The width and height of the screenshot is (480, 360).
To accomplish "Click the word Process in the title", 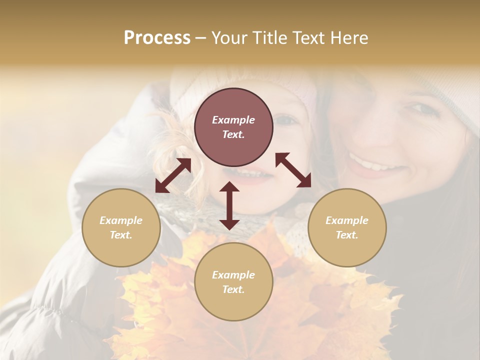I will tap(157, 38).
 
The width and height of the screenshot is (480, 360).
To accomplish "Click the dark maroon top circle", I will tap(233, 127).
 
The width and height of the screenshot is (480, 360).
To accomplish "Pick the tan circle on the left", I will tap(121, 227).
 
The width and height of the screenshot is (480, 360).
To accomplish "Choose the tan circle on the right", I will tap(347, 227).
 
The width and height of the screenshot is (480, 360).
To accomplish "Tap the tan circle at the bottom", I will tap(233, 282).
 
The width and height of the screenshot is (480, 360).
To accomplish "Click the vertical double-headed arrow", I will tap(229, 205).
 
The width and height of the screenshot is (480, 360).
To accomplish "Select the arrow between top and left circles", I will tap(173, 175).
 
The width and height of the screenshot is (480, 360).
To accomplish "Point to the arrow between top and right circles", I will tap(293, 170).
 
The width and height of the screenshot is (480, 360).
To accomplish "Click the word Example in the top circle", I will tap(233, 120).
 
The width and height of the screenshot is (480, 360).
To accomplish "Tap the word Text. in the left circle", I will tap(121, 235).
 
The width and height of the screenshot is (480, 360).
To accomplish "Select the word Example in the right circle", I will tap(347, 220).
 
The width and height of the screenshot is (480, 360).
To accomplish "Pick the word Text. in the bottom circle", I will tap(233, 289).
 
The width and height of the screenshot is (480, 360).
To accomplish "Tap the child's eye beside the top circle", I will tap(285, 120).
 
